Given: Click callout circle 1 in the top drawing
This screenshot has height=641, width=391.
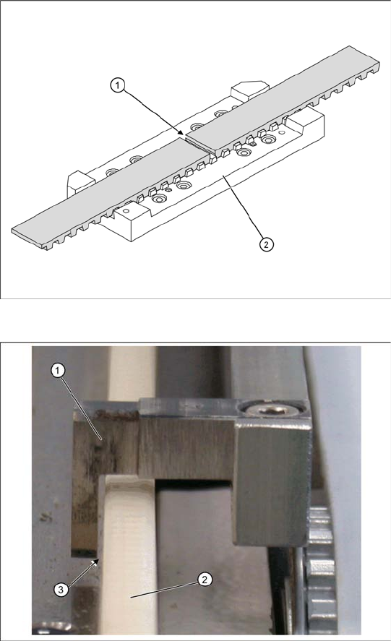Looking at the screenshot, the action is click(117, 86).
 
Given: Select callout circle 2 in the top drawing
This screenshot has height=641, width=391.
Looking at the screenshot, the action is click(266, 244).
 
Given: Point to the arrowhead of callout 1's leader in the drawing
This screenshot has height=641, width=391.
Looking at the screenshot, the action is click(183, 132).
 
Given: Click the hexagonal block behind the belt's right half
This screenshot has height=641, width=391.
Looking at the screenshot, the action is click(249, 90).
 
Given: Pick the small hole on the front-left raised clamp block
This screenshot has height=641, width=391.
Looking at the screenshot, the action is click(126, 211).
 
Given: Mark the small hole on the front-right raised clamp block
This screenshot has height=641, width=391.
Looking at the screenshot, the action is click(282, 132).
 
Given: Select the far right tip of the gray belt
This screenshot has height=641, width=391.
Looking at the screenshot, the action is click(379, 64).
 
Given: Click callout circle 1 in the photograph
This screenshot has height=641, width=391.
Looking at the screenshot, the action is click(58, 371).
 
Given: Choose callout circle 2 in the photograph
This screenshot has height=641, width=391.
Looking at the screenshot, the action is click(205, 580).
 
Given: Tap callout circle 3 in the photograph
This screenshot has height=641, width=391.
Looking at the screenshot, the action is click(61, 590).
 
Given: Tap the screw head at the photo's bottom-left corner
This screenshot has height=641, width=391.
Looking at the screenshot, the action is click(48, 629).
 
